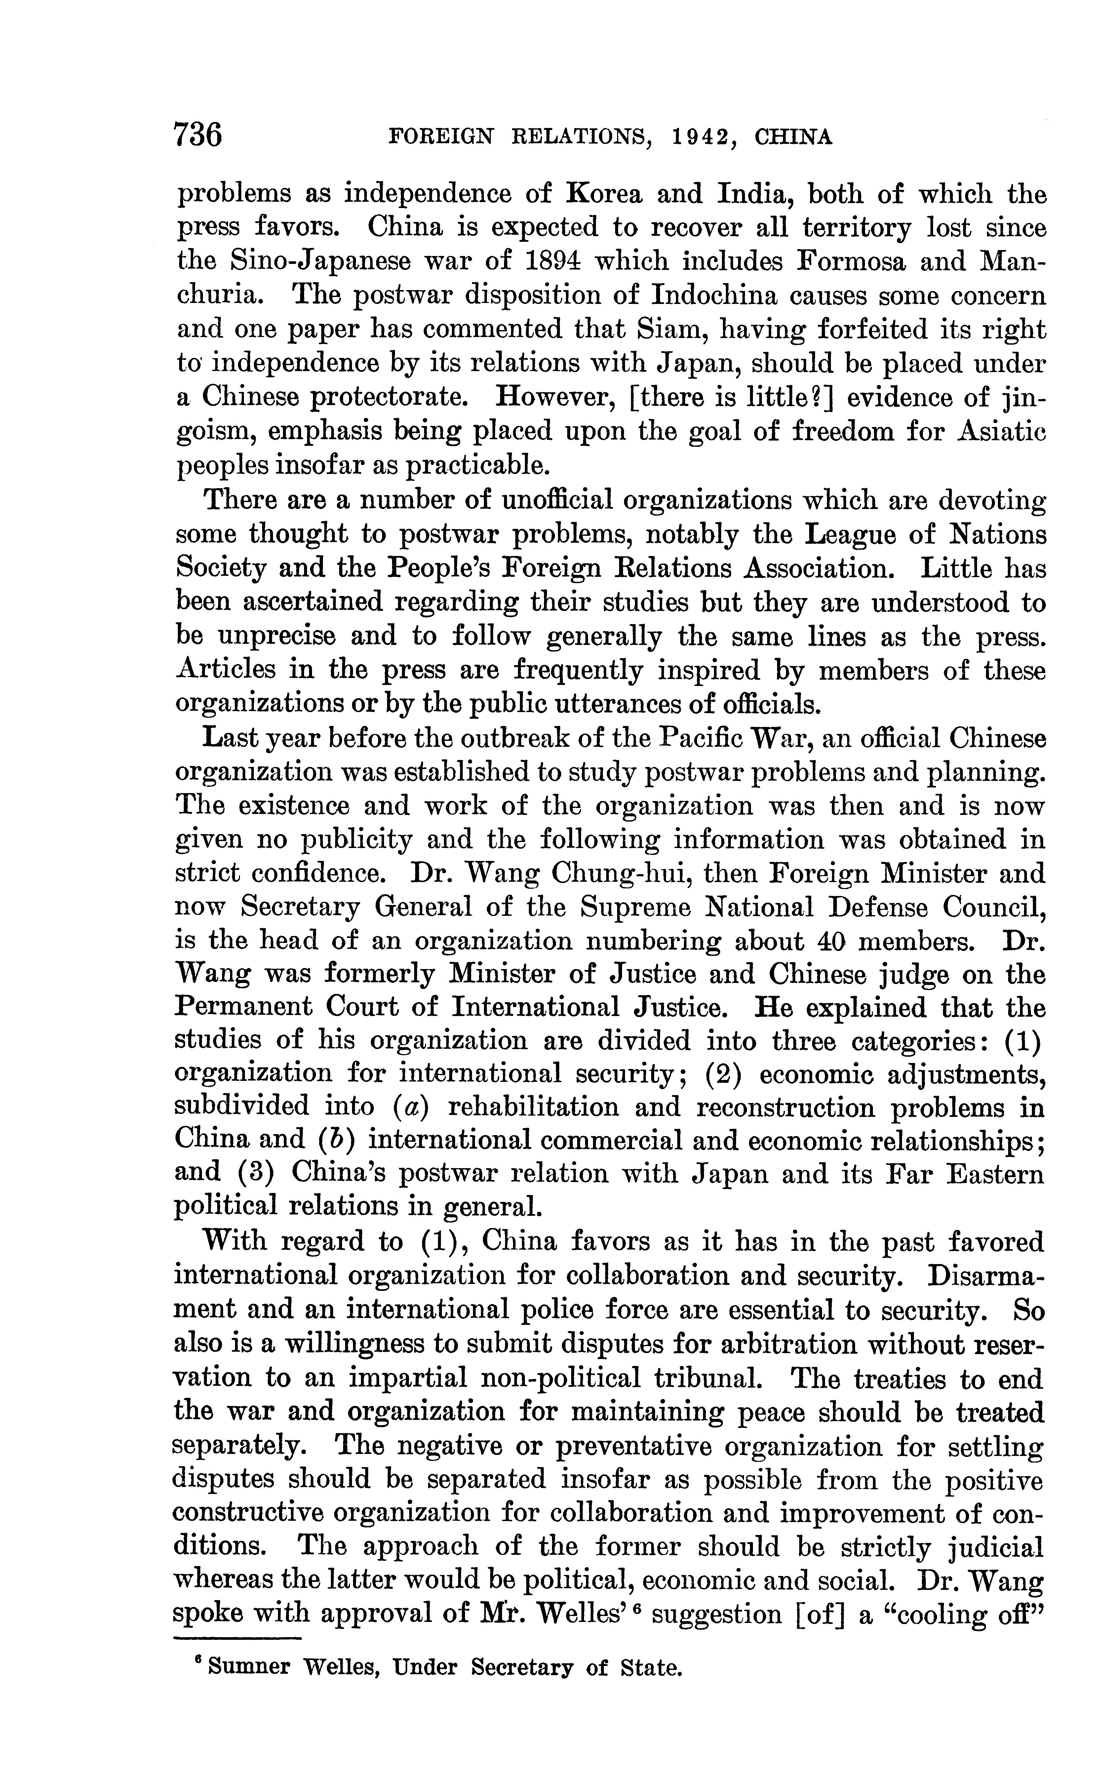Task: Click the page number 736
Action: (198, 135)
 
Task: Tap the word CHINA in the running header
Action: (793, 137)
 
